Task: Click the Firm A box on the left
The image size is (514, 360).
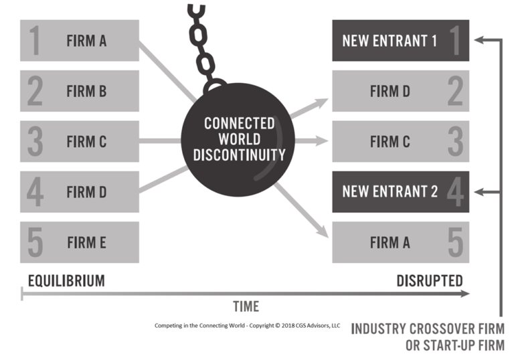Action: pyautogui.click(x=80, y=40)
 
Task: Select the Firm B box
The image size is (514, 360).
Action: pyautogui.click(x=80, y=91)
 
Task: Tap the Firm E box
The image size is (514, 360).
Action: pyautogui.click(x=80, y=242)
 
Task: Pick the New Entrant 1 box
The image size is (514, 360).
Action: pyautogui.click(x=400, y=40)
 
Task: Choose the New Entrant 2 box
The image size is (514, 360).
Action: pyautogui.click(x=400, y=192)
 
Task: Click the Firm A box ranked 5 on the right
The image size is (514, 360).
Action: pyautogui.click(x=400, y=242)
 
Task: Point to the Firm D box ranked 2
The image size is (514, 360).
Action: pyautogui.click(x=400, y=91)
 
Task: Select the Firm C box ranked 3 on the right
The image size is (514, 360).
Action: pyautogui.click(x=400, y=141)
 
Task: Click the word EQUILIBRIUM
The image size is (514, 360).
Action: pyautogui.click(x=66, y=280)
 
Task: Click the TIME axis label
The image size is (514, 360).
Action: pyautogui.click(x=246, y=306)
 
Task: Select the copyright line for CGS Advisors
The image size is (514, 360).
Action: pyautogui.click(x=247, y=326)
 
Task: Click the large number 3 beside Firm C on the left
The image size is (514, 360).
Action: pyautogui.click(x=35, y=141)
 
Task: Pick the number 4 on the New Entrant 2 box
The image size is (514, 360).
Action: pyautogui.click(x=455, y=192)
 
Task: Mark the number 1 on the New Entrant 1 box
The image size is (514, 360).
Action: pyautogui.click(x=455, y=40)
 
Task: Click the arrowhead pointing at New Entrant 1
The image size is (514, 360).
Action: pyautogui.click(x=479, y=40)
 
